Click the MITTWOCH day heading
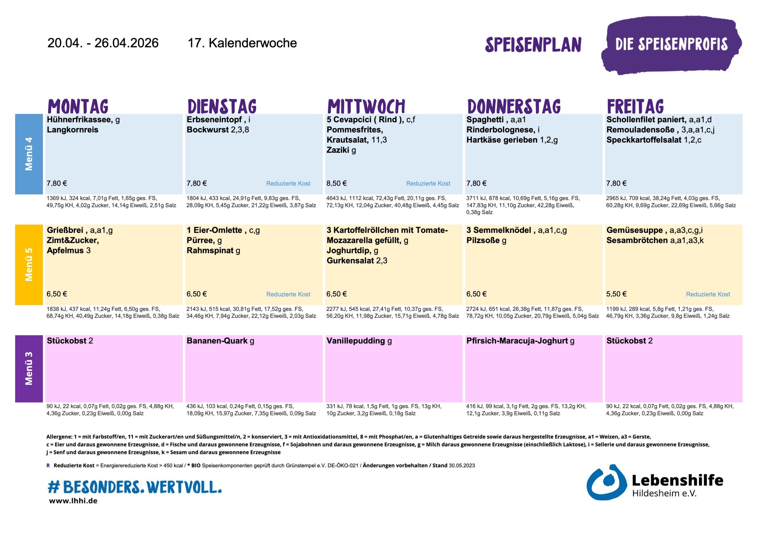tap(366, 106)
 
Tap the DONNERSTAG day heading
tap(514, 106)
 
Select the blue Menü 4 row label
tap(29, 154)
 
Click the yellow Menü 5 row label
tap(29, 264)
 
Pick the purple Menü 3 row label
tap(29, 368)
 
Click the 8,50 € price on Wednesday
tap(336, 184)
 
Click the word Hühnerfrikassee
tap(80, 120)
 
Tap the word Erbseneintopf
tap(214, 120)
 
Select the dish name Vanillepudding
tap(356, 341)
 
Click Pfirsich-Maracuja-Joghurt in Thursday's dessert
tap(517, 341)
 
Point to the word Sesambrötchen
tap(637, 241)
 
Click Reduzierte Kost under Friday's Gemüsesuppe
tap(708, 294)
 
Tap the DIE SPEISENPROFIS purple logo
tap(671, 45)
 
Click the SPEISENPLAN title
tap(533, 45)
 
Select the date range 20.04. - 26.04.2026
tap(103, 43)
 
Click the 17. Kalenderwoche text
tap(242, 43)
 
